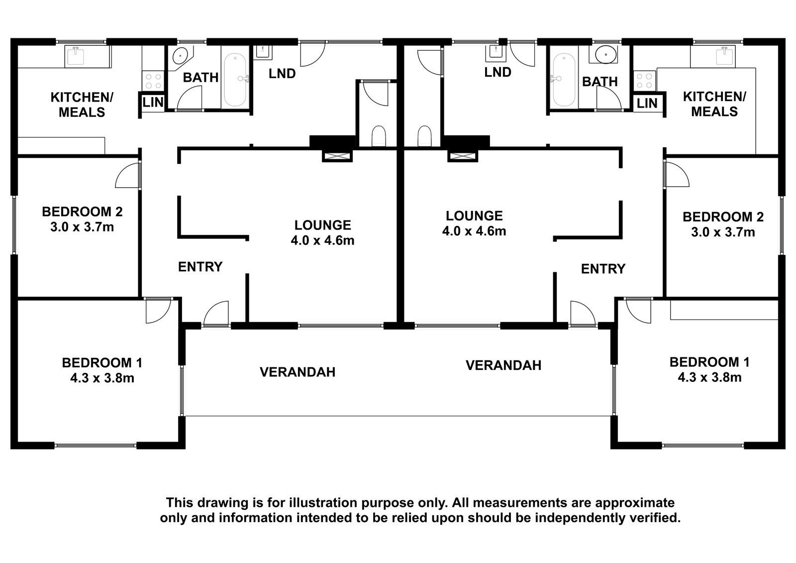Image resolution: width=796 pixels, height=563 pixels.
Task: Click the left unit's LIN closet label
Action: pyautogui.click(x=153, y=103)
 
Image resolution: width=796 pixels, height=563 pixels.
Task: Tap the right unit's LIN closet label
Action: pyautogui.click(x=647, y=104)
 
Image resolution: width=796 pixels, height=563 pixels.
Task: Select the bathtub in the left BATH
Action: pyautogui.click(x=235, y=80)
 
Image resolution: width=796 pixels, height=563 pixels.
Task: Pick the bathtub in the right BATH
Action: pyautogui.click(x=564, y=80)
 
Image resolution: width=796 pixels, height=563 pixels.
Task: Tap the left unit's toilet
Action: pyautogui.click(x=379, y=136)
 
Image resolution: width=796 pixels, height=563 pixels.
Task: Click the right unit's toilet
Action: pyautogui.click(x=424, y=136)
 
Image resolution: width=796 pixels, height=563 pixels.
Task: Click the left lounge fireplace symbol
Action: pyautogui.click(x=337, y=156)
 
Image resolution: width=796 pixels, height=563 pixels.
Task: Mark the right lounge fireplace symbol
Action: pyautogui.click(x=463, y=156)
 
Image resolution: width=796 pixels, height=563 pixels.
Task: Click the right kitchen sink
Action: pyautogui.click(x=724, y=57)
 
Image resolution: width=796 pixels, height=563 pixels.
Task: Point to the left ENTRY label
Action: pyautogui.click(x=200, y=267)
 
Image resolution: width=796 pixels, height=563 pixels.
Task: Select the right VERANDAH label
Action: pyautogui.click(x=503, y=365)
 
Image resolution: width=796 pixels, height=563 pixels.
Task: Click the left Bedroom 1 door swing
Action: pyautogui.click(x=158, y=311)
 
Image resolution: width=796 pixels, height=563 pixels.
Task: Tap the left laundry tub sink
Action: pyautogui.click(x=263, y=52)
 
